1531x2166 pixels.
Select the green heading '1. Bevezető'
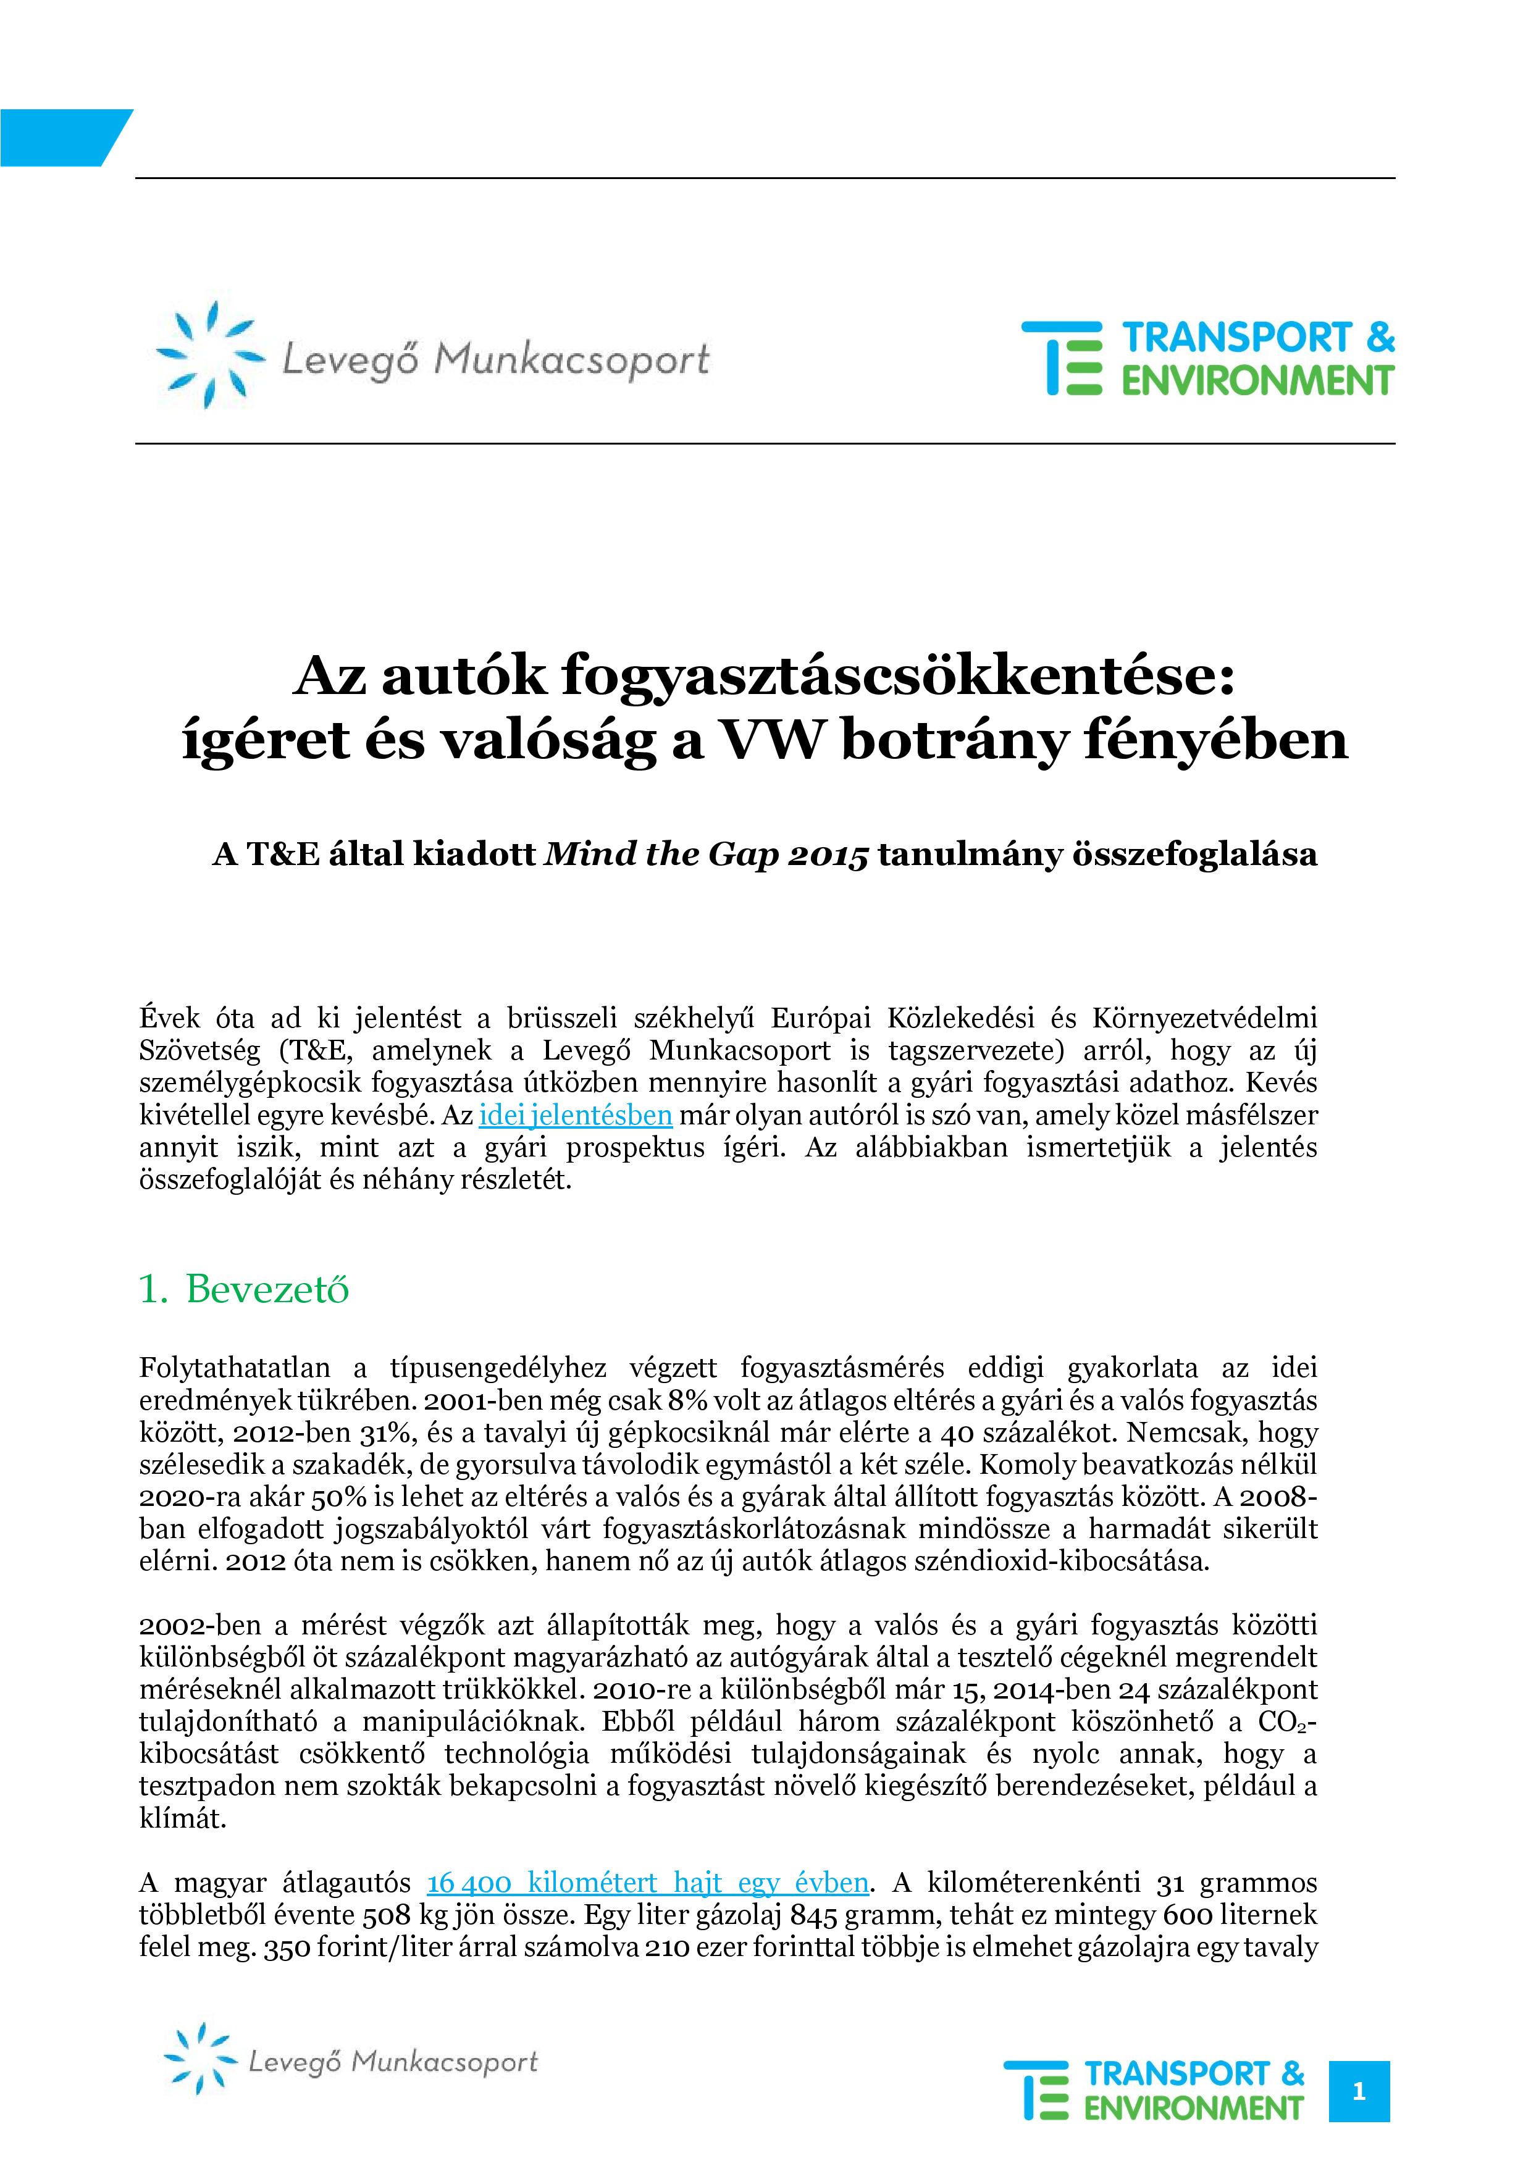pyautogui.click(x=243, y=1289)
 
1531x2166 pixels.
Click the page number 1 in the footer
pyautogui.click(x=1358, y=2091)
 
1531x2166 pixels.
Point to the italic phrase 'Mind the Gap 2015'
pyautogui.click(x=707, y=855)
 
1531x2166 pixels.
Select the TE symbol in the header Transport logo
pyautogui.click(x=1061, y=358)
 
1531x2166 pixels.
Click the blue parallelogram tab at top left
pyautogui.click(x=61, y=137)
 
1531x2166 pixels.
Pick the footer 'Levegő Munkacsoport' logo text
pyautogui.click(x=392, y=2062)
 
